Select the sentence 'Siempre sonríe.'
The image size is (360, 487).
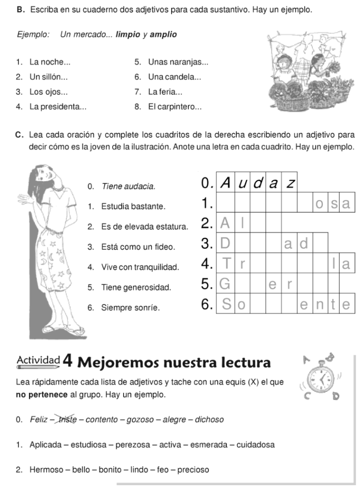[130, 308]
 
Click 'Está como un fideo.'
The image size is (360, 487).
[138, 247]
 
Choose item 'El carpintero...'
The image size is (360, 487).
[175, 107]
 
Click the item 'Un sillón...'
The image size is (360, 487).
[49, 77]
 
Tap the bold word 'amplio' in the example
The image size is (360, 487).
[163, 35]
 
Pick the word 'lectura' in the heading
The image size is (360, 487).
[246, 363]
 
